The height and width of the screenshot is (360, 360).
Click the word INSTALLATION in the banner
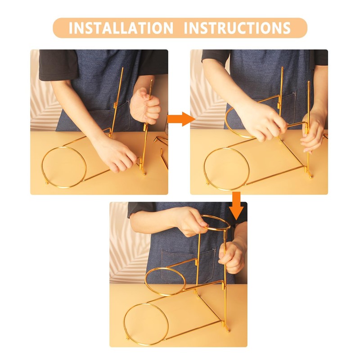[x=121, y=28]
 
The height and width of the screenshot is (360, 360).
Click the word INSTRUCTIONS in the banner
[x=237, y=28]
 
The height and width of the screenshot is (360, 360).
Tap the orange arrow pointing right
[x=181, y=119]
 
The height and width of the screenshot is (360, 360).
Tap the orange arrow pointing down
[x=236, y=206]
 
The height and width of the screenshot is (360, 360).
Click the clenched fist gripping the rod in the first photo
[x=145, y=106]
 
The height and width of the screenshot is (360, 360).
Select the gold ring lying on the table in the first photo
[x=64, y=167]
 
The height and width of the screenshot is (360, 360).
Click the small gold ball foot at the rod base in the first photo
[x=144, y=173]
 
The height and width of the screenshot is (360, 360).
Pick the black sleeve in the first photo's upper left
[x=58, y=65]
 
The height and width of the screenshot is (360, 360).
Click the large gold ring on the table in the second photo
[x=227, y=169]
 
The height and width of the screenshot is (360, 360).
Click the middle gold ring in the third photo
[x=165, y=281]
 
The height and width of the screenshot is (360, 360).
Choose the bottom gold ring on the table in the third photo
[x=146, y=324]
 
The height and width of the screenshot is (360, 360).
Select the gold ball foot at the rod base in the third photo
[x=228, y=331]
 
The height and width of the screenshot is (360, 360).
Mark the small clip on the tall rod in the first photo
[x=115, y=105]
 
